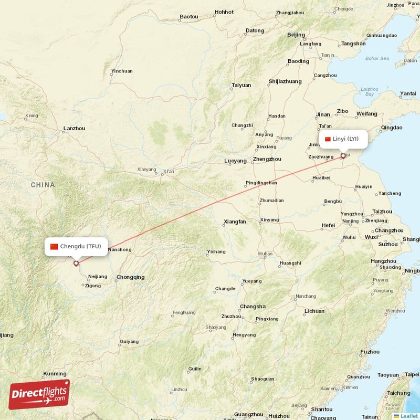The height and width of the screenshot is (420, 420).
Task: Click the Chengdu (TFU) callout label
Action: click(x=76, y=246)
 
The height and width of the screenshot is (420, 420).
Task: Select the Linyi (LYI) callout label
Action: click(x=342, y=139)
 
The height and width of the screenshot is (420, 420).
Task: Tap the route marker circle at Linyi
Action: click(x=343, y=155)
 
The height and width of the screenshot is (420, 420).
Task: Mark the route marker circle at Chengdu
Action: click(x=76, y=263)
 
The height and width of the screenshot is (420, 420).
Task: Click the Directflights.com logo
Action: click(x=39, y=394)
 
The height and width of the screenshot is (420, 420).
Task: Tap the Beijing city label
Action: click(x=296, y=35)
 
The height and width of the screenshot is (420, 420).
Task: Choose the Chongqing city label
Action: click(x=130, y=277)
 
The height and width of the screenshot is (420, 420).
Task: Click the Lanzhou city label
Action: click(x=74, y=128)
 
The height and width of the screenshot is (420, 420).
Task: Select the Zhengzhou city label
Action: click(x=267, y=159)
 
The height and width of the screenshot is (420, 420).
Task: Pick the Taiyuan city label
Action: click(x=241, y=85)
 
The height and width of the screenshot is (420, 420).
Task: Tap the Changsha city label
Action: click(x=253, y=306)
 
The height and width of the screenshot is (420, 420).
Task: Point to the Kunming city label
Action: click(x=55, y=374)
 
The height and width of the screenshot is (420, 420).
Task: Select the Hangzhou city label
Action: click(x=383, y=261)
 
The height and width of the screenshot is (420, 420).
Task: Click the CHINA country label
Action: click(x=43, y=185)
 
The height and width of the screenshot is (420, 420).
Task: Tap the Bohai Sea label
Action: click(x=377, y=58)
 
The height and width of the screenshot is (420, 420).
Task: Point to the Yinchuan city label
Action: click(x=122, y=71)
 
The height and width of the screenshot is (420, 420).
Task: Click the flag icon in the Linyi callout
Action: click(x=328, y=139)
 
